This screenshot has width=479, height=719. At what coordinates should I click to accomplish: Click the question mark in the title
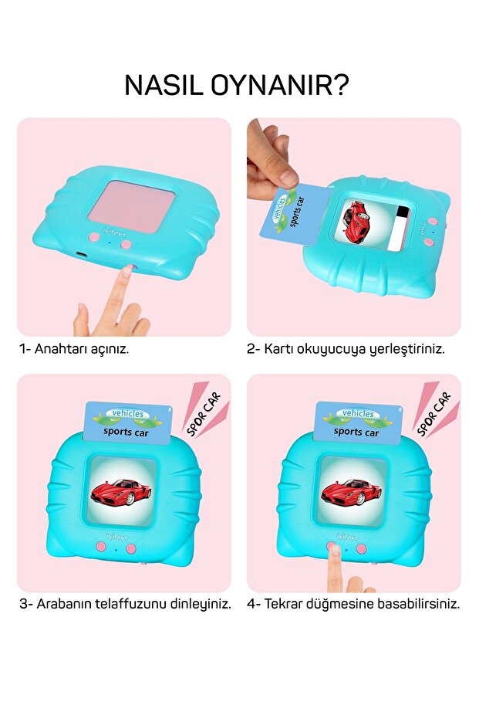[x=339, y=84]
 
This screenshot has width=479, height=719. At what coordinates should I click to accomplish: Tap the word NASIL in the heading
[x=164, y=85]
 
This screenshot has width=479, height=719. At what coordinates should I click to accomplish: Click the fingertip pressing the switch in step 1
[x=126, y=272]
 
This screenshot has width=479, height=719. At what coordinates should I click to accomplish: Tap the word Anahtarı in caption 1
[x=60, y=349]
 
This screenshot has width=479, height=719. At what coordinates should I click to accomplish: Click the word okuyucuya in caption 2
[x=331, y=349]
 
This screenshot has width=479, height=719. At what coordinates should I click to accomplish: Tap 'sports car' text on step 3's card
[x=126, y=432]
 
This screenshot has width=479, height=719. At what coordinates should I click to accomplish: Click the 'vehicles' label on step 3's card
[x=128, y=414]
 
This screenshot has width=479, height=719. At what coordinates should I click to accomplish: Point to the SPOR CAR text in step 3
[x=204, y=414]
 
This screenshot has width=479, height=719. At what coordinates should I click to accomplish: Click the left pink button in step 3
[x=101, y=547]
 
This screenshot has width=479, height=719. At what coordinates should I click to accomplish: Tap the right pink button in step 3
[x=131, y=548]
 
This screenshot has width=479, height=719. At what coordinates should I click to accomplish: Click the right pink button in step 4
[x=361, y=548]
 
